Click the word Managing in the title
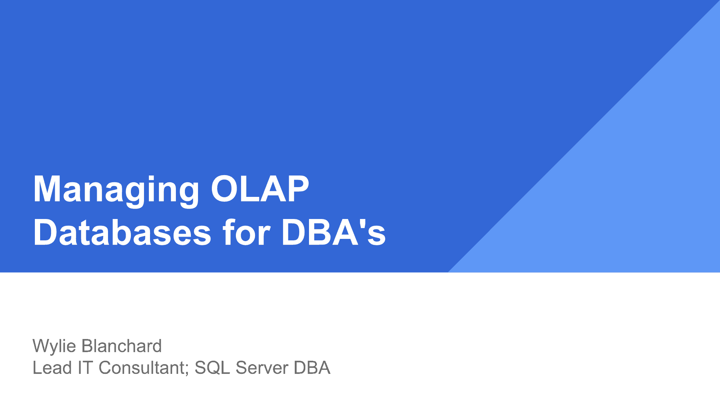click(116, 190)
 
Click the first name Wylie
click(54, 346)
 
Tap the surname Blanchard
click(121, 346)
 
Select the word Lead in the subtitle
click(52, 367)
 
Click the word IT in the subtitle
click(85, 367)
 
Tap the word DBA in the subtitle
click(312, 367)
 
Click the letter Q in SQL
click(216, 368)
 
